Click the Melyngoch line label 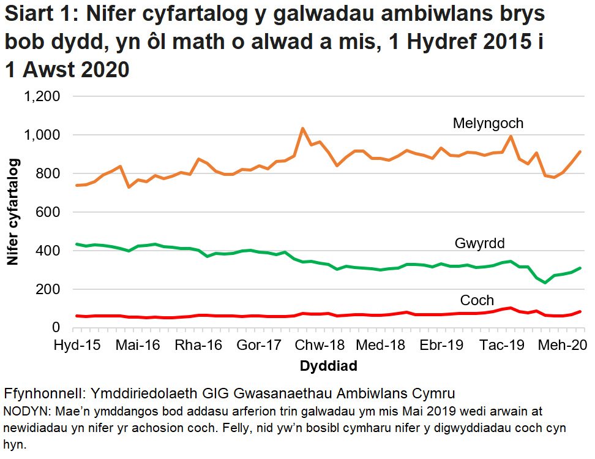[x=488, y=124]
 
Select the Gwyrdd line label [x=479, y=244]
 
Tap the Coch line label [x=477, y=300]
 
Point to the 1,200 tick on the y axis [x=41, y=96]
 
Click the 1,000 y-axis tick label [x=41, y=135]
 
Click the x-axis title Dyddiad [x=328, y=366]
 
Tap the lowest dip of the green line [x=545, y=283]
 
